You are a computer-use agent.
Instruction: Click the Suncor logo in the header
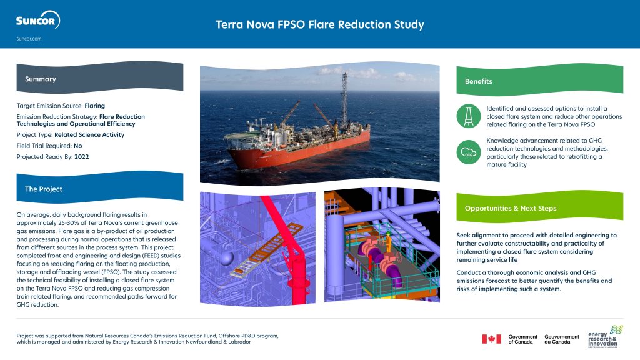(37, 21)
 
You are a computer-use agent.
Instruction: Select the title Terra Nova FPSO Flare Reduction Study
(319, 24)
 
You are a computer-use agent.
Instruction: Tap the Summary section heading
(41, 79)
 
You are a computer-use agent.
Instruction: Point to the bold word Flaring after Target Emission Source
(94, 106)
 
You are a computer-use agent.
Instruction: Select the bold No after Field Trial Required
(77, 145)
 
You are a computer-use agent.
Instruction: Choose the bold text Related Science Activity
(89, 134)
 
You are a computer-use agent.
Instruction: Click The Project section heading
(44, 189)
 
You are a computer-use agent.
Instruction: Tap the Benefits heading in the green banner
(478, 81)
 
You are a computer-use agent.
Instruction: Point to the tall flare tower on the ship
(344, 100)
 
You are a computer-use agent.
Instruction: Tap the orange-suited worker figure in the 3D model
(388, 241)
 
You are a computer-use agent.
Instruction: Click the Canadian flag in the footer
(491, 339)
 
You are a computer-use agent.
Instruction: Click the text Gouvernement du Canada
(562, 339)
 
